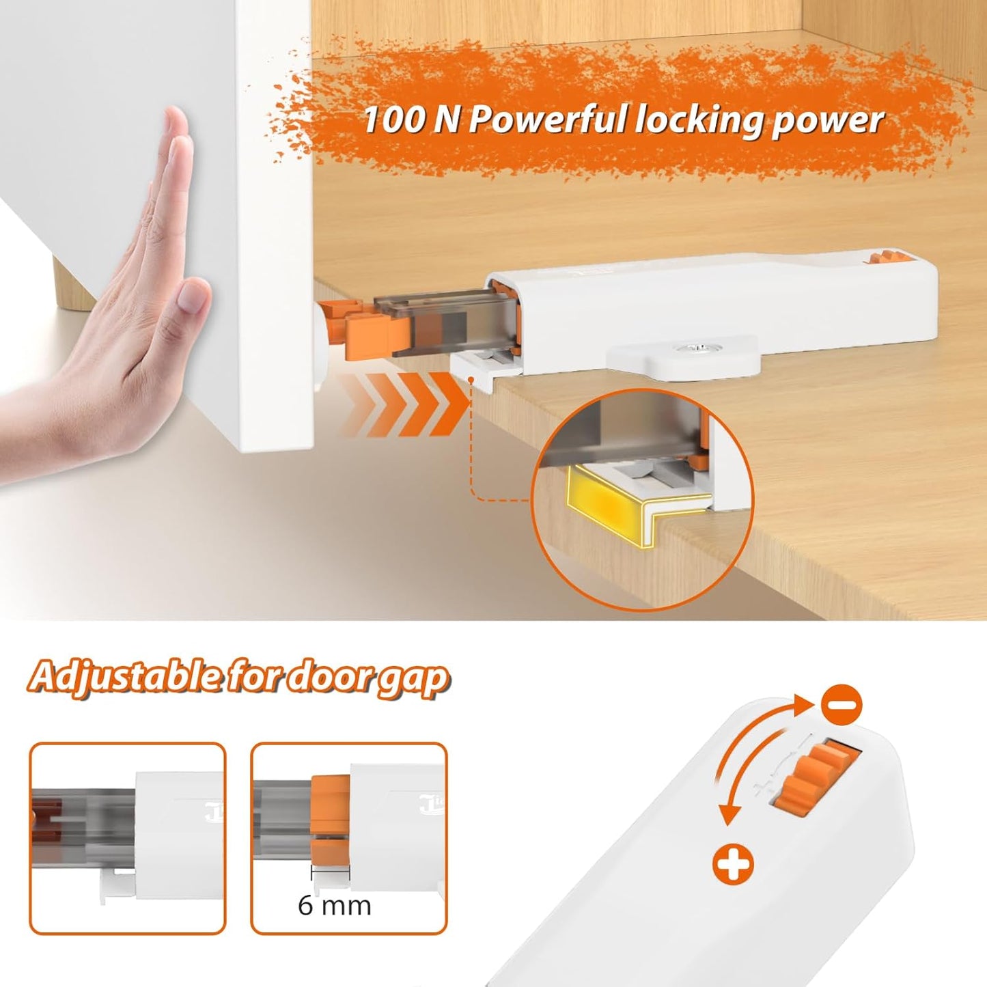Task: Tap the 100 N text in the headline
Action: (394, 120)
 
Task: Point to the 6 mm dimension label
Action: (334, 906)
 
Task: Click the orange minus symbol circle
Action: (842, 704)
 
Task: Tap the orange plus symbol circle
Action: (732, 864)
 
